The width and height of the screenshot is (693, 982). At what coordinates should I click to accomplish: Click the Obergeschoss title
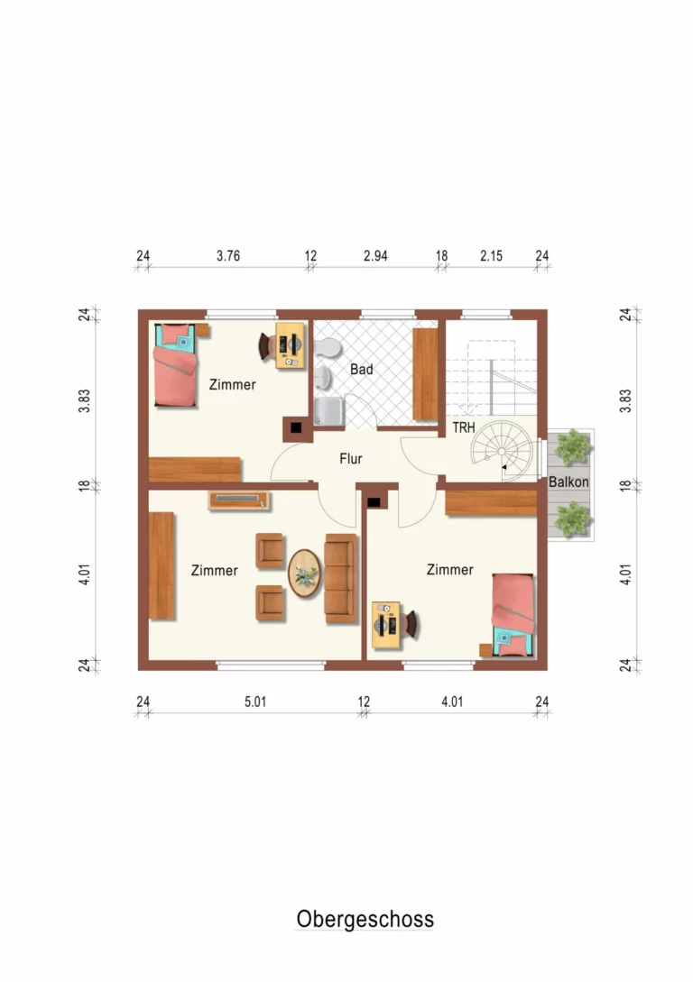[x=365, y=919]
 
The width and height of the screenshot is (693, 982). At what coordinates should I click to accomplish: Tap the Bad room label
[x=362, y=370]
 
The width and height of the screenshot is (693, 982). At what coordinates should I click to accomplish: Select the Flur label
[x=351, y=458]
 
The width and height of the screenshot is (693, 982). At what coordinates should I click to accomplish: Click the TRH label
[x=464, y=427]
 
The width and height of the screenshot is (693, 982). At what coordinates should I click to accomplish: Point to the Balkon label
[x=568, y=482]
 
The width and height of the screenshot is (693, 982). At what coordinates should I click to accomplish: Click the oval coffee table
[x=304, y=573]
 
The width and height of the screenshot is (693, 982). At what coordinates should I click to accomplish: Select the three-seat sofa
[x=341, y=579]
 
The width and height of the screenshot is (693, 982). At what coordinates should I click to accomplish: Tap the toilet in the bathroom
[x=328, y=348]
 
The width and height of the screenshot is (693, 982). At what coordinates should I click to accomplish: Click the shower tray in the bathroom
[x=329, y=411]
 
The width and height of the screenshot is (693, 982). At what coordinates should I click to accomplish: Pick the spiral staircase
[x=503, y=450]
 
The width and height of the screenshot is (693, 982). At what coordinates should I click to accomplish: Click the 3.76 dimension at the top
[x=228, y=255]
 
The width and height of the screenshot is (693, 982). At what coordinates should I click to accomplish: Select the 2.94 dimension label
[x=375, y=255]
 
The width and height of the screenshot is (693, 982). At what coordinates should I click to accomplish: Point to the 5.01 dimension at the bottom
[x=255, y=702]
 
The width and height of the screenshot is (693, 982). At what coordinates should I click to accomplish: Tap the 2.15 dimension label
[x=491, y=255]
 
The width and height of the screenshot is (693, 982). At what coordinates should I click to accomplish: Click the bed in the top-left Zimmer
[x=175, y=365]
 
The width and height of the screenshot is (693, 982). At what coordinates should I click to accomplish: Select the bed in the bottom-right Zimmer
[x=513, y=614]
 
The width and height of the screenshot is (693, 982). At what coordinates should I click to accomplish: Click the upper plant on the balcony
[x=573, y=445]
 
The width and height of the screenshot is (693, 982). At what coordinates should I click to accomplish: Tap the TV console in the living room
[x=239, y=500]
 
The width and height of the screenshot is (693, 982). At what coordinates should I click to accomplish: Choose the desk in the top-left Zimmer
[x=291, y=345]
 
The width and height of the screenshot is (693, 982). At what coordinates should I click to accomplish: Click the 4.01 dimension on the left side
[x=85, y=574]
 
